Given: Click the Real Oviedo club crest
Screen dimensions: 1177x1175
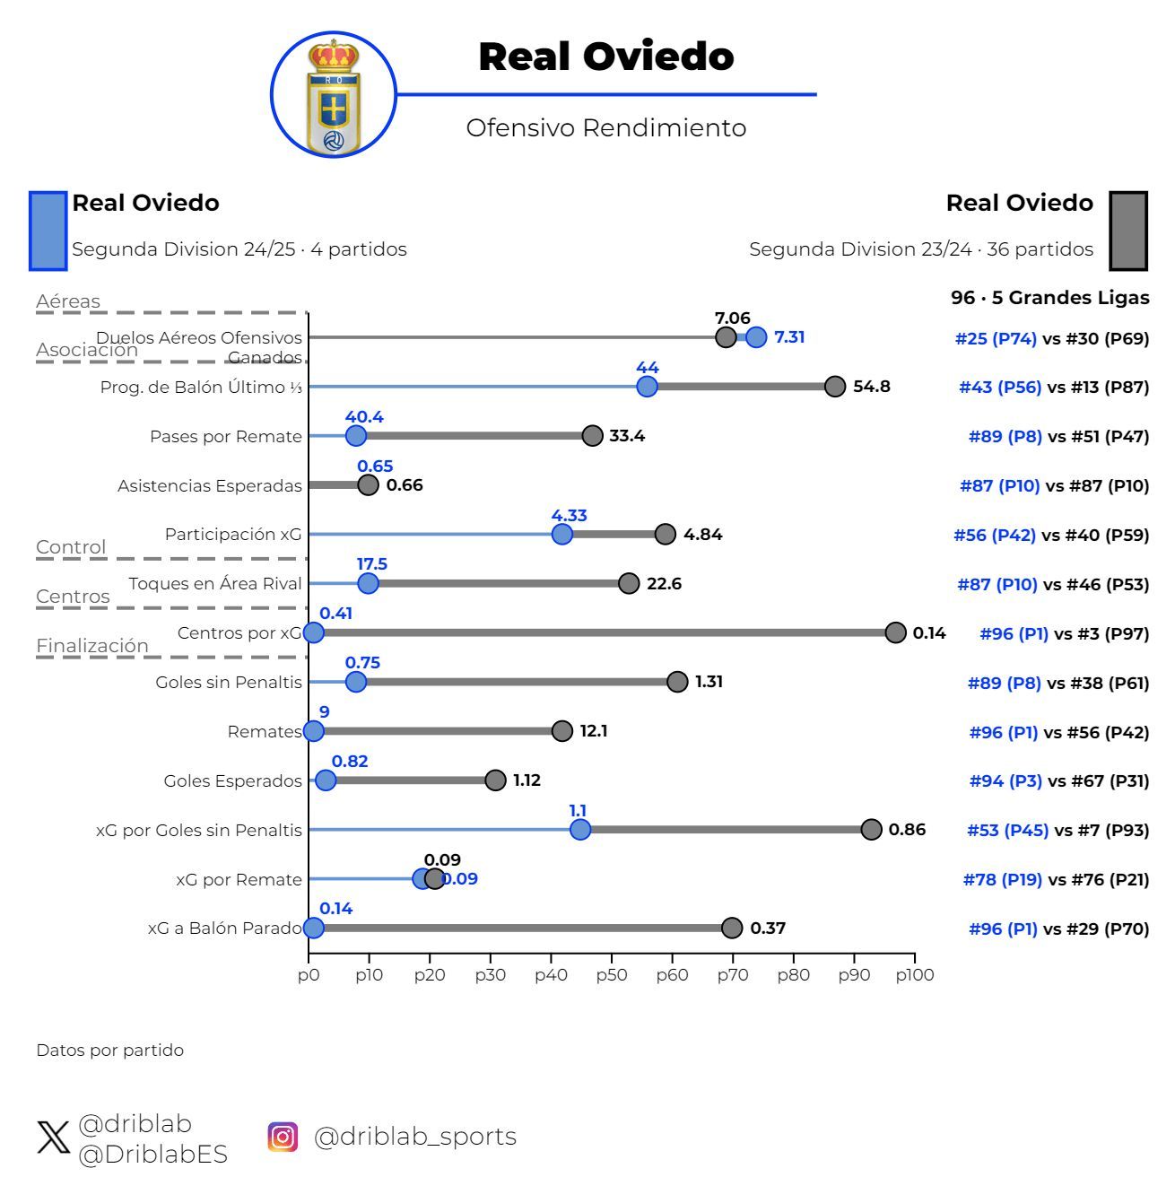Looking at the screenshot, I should (334, 95).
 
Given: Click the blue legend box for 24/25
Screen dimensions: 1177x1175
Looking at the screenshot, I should (48, 231).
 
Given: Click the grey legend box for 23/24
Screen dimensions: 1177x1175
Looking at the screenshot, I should (1128, 231).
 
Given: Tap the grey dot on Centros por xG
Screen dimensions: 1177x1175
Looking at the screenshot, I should (895, 632).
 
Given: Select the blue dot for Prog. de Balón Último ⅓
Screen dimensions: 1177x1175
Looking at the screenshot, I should (647, 387).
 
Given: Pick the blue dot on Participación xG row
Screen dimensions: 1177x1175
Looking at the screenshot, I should (562, 534).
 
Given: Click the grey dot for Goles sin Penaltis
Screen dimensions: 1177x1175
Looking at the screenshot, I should (677, 682).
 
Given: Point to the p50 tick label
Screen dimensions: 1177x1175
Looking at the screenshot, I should (611, 975).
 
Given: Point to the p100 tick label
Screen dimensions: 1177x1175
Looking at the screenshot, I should (913, 975).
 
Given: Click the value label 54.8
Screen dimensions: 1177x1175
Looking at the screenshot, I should (871, 387).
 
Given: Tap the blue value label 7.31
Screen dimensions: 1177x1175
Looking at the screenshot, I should (789, 337).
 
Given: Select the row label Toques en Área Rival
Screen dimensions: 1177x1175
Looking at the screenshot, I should (215, 584).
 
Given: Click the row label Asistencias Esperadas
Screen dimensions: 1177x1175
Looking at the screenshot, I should (210, 486).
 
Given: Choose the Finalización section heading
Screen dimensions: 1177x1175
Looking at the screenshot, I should (92, 646).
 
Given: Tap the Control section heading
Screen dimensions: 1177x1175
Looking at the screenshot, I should (71, 547).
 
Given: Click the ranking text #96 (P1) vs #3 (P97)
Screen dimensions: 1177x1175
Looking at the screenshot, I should (1064, 634).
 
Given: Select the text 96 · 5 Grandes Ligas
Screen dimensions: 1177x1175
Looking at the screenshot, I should (1049, 298).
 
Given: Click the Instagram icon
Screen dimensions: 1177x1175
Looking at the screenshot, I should (283, 1137).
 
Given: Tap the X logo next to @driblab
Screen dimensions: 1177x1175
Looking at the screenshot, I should (53, 1138).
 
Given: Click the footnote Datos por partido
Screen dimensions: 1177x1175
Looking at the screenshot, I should (109, 1051).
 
